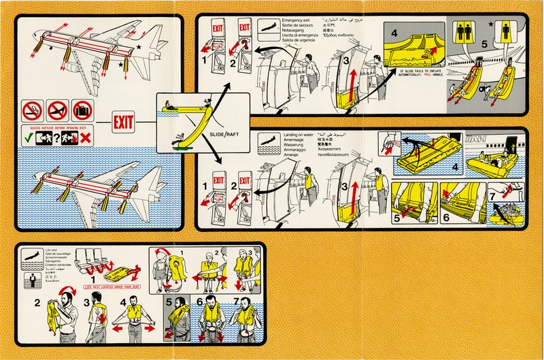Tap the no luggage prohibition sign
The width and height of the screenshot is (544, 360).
coord(82,110)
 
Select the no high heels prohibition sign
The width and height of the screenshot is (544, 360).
coord(58,110)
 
